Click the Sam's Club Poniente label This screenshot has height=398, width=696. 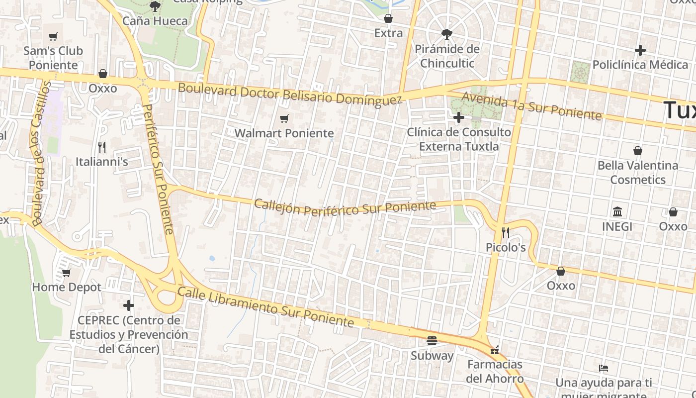pyautogui.click(x=53, y=58)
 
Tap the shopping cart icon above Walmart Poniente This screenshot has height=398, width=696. pyautogui.click(x=284, y=118)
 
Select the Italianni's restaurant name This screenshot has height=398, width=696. pyautogui.click(x=102, y=162)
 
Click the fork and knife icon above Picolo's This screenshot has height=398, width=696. pyautogui.click(x=505, y=232)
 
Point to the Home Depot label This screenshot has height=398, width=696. pyautogui.click(x=67, y=287)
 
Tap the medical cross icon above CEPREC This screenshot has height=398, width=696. pyautogui.click(x=129, y=305)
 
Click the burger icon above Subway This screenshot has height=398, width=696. pyautogui.click(x=432, y=341)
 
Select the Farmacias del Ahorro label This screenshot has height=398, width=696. pyautogui.click(x=495, y=371)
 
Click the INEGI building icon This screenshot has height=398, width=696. pyautogui.click(x=617, y=212)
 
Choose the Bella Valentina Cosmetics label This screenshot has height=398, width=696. pyautogui.click(x=638, y=172)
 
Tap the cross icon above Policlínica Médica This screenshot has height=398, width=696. pyautogui.click(x=640, y=50)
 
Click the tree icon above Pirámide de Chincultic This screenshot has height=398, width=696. pyautogui.click(x=447, y=34)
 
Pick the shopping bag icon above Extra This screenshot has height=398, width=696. pyautogui.click(x=388, y=19)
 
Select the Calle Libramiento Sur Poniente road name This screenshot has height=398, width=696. pyautogui.click(x=265, y=306)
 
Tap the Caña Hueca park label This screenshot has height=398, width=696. pyautogui.click(x=155, y=21)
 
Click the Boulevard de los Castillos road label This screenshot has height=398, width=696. pyautogui.click(x=41, y=154)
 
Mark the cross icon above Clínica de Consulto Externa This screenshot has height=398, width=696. pyautogui.click(x=459, y=117)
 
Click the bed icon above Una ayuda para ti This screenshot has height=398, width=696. pyautogui.click(x=604, y=368)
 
